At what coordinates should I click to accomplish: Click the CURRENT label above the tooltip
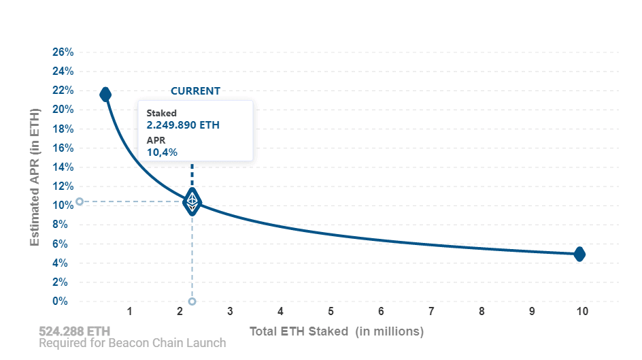pyautogui.click(x=195, y=91)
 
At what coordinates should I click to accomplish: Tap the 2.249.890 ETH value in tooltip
pyautogui.click(x=183, y=125)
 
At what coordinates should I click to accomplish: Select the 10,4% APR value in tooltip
pyautogui.click(x=162, y=152)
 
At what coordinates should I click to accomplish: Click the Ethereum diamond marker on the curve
pyautogui.click(x=192, y=202)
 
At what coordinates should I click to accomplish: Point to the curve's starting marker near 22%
pyautogui.click(x=105, y=94)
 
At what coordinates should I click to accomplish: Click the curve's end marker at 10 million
pyautogui.click(x=579, y=254)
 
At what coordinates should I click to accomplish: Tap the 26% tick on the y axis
pyautogui.click(x=63, y=52)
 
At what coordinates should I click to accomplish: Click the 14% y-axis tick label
pyautogui.click(x=63, y=167)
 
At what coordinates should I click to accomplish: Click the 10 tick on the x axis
pyautogui.click(x=582, y=312)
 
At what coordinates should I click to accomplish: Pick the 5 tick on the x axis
pyautogui.click(x=331, y=312)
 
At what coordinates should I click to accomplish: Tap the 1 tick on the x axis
pyautogui.click(x=129, y=312)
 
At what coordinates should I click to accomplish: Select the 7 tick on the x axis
pyautogui.click(x=431, y=312)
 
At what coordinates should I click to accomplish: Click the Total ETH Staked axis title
pyautogui.click(x=336, y=331)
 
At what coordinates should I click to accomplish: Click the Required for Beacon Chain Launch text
pyautogui.click(x=132, y=343)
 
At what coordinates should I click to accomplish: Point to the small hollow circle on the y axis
pyautogui.click(x=80, y=201)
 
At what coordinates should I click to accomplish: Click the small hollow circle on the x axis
pyautogui.click(x=192, y=301)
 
